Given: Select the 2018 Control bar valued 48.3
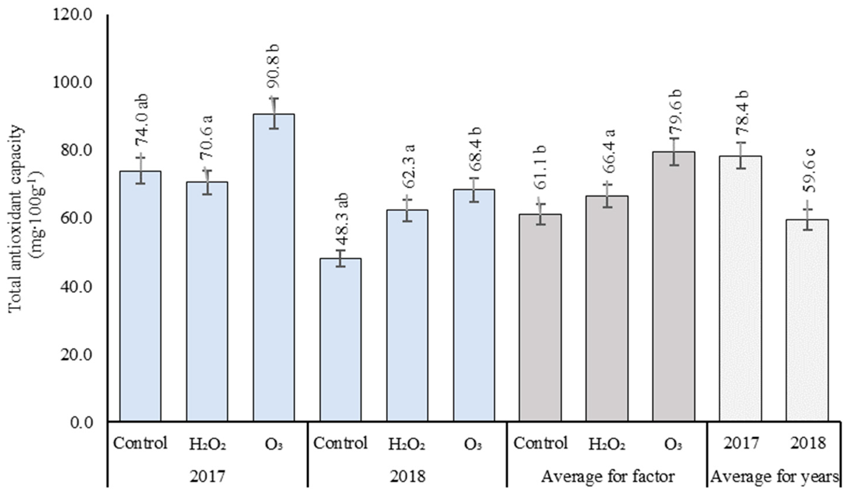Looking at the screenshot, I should click(x=340, y=340).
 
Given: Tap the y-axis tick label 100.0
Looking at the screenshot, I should click(x=72, y=83).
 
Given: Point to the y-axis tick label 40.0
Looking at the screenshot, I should click(x=72, y=287).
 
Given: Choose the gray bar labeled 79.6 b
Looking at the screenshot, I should click(x=673, y=286).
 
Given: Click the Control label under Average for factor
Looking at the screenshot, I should click(x=540, y=443).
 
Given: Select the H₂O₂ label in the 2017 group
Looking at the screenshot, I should click(x=207, y=444).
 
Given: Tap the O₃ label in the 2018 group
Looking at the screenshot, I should click(x=474, y=444).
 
